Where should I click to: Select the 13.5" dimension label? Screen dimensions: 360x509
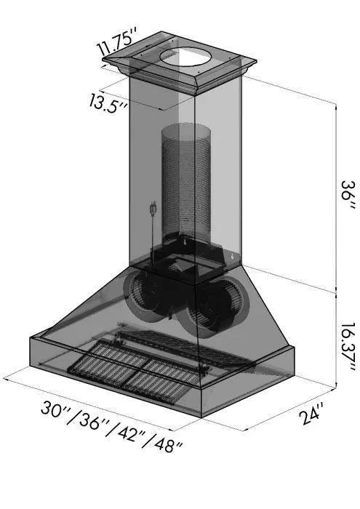(108, 103)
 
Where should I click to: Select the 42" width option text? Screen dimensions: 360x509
(130, 433)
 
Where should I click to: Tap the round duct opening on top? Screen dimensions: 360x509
(185, 57)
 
